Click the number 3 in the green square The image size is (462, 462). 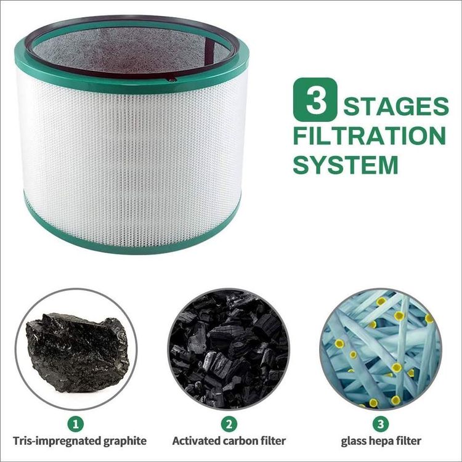[315, 100]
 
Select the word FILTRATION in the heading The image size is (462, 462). [369, 136]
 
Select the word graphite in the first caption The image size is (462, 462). [123, 441]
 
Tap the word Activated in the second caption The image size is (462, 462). [195, 441]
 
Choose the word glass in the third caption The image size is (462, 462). [354, 441]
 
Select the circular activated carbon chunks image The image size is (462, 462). [228, 349]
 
